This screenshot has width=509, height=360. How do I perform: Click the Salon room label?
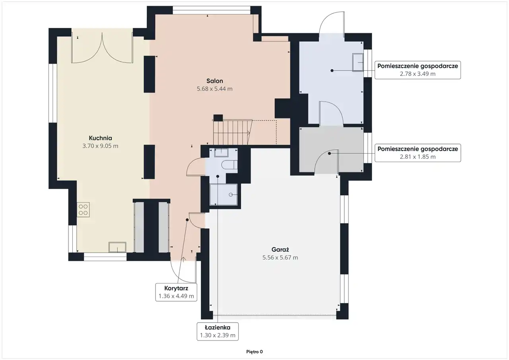tap(214, 81)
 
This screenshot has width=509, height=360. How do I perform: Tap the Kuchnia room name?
tap(100, 138)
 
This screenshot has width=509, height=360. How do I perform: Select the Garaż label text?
tap(280, 249)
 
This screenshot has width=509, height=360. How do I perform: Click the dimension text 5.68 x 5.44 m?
tap(214, 89)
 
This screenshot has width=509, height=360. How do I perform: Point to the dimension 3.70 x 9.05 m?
tap(100, 146)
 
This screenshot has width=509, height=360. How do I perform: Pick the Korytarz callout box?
tap(176, 292)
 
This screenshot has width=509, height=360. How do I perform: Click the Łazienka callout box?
tap(218, 331)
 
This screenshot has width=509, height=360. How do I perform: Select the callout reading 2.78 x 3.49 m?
tap(418, 70)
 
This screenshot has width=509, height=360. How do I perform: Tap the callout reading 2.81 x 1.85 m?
tap(418, 153)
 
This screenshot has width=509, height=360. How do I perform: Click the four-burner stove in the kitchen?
tap(83, 210)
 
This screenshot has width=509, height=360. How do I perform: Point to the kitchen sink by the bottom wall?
tap(117, 247)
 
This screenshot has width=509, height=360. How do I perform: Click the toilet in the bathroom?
tap(229, 165)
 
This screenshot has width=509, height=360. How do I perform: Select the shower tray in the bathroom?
tap(223, 195)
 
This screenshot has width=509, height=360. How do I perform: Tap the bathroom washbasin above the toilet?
tap(221, 153)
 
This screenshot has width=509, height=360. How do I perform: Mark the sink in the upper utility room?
tap(357, 62)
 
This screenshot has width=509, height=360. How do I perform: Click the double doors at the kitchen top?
tap(102, 48)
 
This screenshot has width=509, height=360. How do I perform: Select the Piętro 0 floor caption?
tap(254, 352)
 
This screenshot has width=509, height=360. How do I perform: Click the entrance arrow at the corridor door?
tap(183, 259)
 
